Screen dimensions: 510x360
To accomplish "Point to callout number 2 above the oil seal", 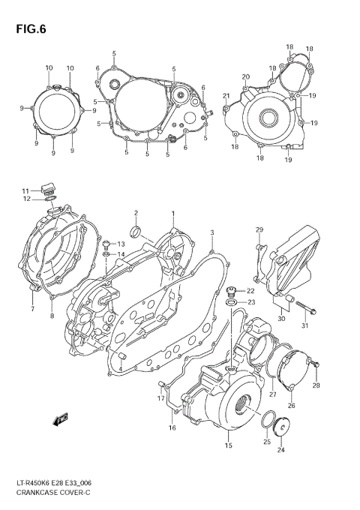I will pyautogui.click(x=136, y=214).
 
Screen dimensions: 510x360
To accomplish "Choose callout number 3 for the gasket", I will pyautogui.click(x=212, y=232).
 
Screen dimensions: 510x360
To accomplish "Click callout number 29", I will pyautogui.click(x=259, y=229).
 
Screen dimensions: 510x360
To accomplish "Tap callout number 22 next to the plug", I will pyautogui.click(x=250, y=291).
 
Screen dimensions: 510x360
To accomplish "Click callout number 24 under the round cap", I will pyautogui.click(x=280, y=450).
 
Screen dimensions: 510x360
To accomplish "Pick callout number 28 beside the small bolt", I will pyautogui.click(x=316, y=385).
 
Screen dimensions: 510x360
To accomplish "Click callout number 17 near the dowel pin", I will pyautogui.click(x=160, y=399).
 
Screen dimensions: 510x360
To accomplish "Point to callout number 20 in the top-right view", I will pyautogui.click(x=245, y=77).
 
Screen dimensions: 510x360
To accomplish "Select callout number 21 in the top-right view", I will pyautogui.click(x=226, y=95).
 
